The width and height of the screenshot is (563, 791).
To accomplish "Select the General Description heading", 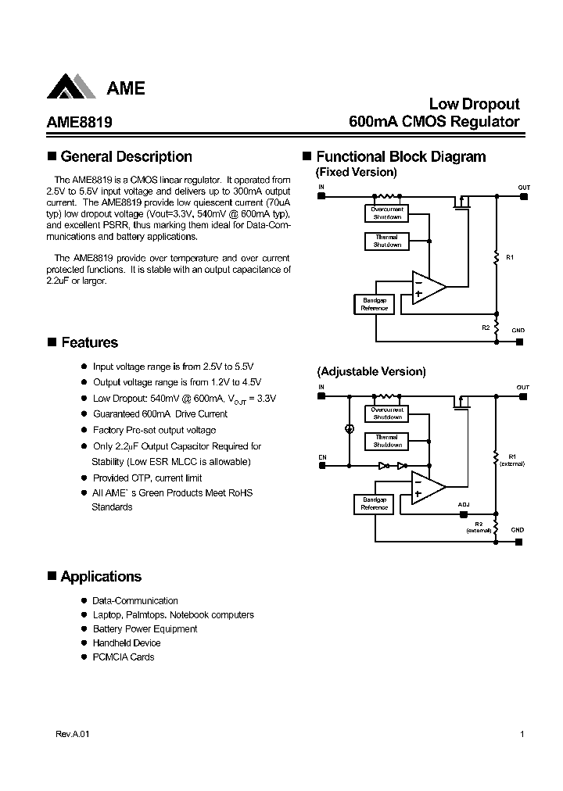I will (126, 156).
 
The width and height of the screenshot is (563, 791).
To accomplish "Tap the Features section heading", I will (89, 342).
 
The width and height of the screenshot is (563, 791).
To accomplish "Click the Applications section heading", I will (101, 576).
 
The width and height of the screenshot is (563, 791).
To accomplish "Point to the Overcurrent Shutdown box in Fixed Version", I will (387, 213).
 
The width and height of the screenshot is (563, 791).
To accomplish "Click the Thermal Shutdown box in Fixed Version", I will (387, 241).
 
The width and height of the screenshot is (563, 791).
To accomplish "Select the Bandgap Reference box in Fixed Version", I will (374, 304).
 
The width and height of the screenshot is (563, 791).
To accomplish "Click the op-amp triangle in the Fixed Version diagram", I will (427, 287).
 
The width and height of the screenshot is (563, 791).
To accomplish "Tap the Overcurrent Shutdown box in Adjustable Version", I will (387, 413).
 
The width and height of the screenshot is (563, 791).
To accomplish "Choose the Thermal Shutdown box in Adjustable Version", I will (387, 441).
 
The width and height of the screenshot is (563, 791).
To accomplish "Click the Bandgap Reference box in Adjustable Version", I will (374, 503).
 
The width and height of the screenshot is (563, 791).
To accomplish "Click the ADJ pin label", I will (464, 505).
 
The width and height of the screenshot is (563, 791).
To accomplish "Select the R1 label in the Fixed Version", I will (510, 257).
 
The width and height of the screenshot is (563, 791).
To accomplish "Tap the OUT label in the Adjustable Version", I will (522, 388).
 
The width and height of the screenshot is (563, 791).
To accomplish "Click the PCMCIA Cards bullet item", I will (123, 657).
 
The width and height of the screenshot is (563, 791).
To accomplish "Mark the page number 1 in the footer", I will (522, 735).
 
